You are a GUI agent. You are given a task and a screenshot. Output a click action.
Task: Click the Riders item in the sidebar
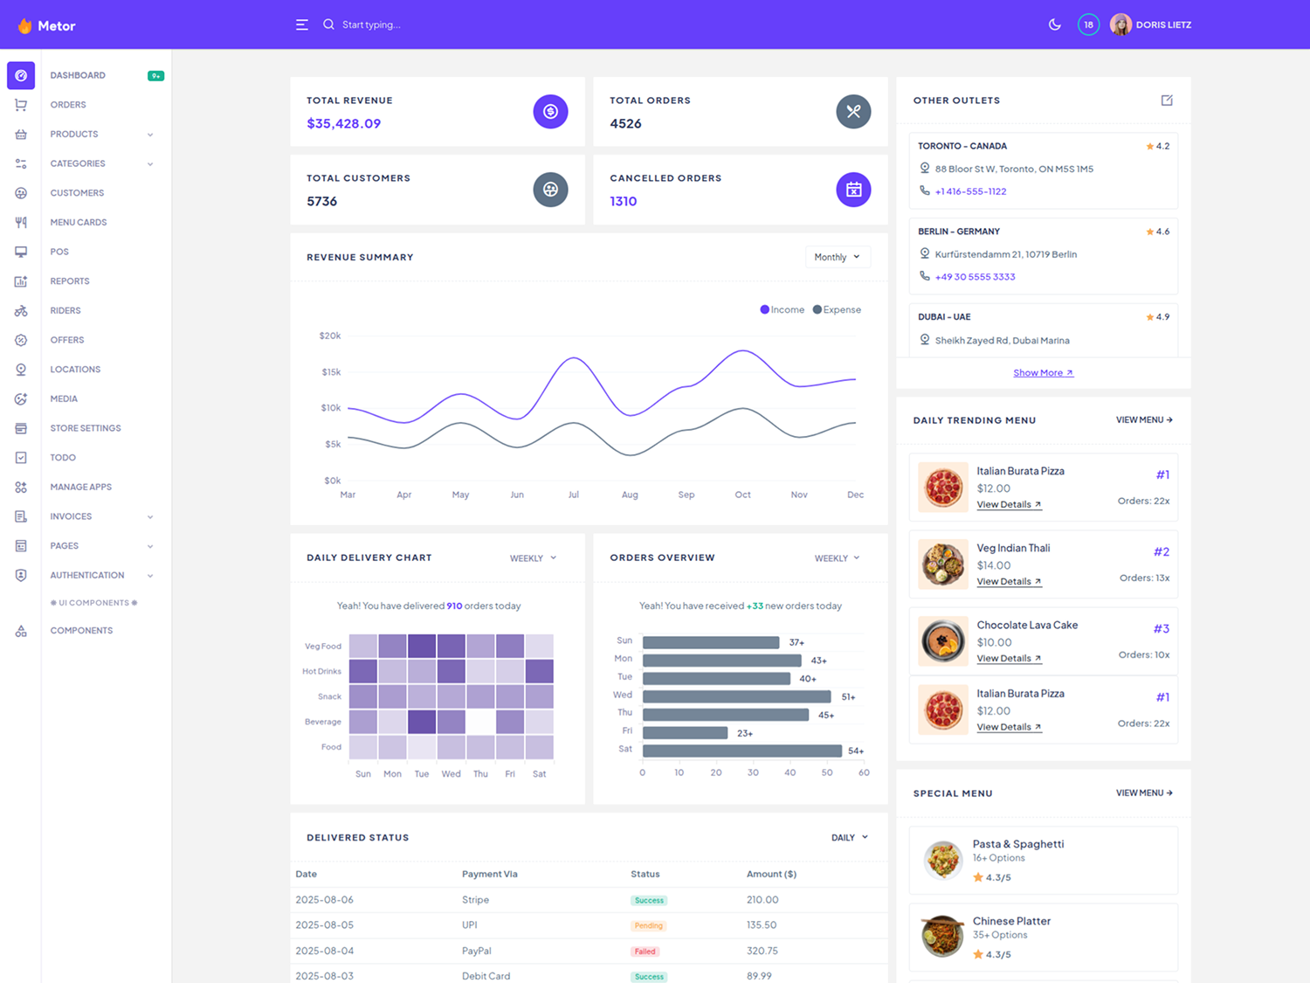click(x=65, y=310)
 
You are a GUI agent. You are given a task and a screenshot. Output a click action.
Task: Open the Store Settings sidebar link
click(x=86, y=428)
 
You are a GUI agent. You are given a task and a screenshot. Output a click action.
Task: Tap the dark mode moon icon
click(x=1054, y=24)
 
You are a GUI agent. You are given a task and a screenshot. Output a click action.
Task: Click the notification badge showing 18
click(x=1088, y=24)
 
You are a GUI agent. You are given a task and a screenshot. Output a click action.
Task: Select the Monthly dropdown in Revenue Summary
click(x=837, y=257)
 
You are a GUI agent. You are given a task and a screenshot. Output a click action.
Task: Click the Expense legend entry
click(x=837, y=309)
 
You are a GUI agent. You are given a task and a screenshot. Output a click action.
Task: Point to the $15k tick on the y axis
click(x=331, y=372)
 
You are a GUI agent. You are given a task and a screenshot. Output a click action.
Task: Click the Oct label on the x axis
click(x=742, y=495)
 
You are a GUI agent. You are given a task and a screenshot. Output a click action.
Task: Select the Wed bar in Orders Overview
click(x=736, y=696)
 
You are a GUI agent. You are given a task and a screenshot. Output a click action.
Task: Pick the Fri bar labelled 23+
click(x=685, y=733)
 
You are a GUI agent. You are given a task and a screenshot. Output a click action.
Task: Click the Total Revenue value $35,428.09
click(x=343, y=123)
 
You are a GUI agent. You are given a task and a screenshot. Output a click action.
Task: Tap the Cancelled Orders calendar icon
click(x=853, y=190)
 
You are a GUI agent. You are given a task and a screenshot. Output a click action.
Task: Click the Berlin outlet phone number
click(x=975, y=277)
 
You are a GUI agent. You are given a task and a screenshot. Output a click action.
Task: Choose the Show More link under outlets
click(x=1043, y=373)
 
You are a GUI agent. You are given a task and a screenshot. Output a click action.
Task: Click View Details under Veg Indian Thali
click(x=1008, y=582)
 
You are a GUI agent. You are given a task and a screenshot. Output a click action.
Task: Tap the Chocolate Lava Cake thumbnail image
click(x=943, y=640)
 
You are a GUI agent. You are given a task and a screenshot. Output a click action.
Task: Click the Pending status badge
click(x=648, y=925)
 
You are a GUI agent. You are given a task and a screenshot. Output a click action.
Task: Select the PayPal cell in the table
click(x=477, y=951)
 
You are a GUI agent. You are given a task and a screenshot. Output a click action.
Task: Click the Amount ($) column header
click(x=771, y=874)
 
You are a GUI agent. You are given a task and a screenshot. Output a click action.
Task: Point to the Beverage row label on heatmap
click(x=323, y=722)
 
